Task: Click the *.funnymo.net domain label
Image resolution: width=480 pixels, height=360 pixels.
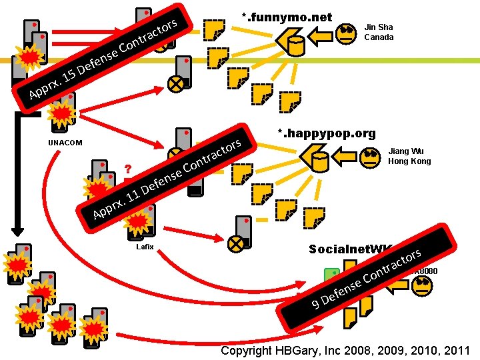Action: [x=287, y=17]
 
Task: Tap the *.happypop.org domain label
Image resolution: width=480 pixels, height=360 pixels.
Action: [x=327, y=134]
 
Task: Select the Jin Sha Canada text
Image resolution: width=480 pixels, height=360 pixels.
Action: [x=379, y=32]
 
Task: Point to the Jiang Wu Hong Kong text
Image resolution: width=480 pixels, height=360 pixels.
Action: [x=409, y=156]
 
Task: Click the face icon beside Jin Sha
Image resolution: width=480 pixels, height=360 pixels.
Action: [x=347, y=34]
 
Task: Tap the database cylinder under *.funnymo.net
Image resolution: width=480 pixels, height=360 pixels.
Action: [x=295, y=43]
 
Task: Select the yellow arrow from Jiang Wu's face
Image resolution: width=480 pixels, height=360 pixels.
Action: [x=345, y=158]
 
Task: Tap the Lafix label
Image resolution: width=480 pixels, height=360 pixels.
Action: [x=145, y=247]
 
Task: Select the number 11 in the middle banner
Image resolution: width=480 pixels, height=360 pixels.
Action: [x=132, y=196]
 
